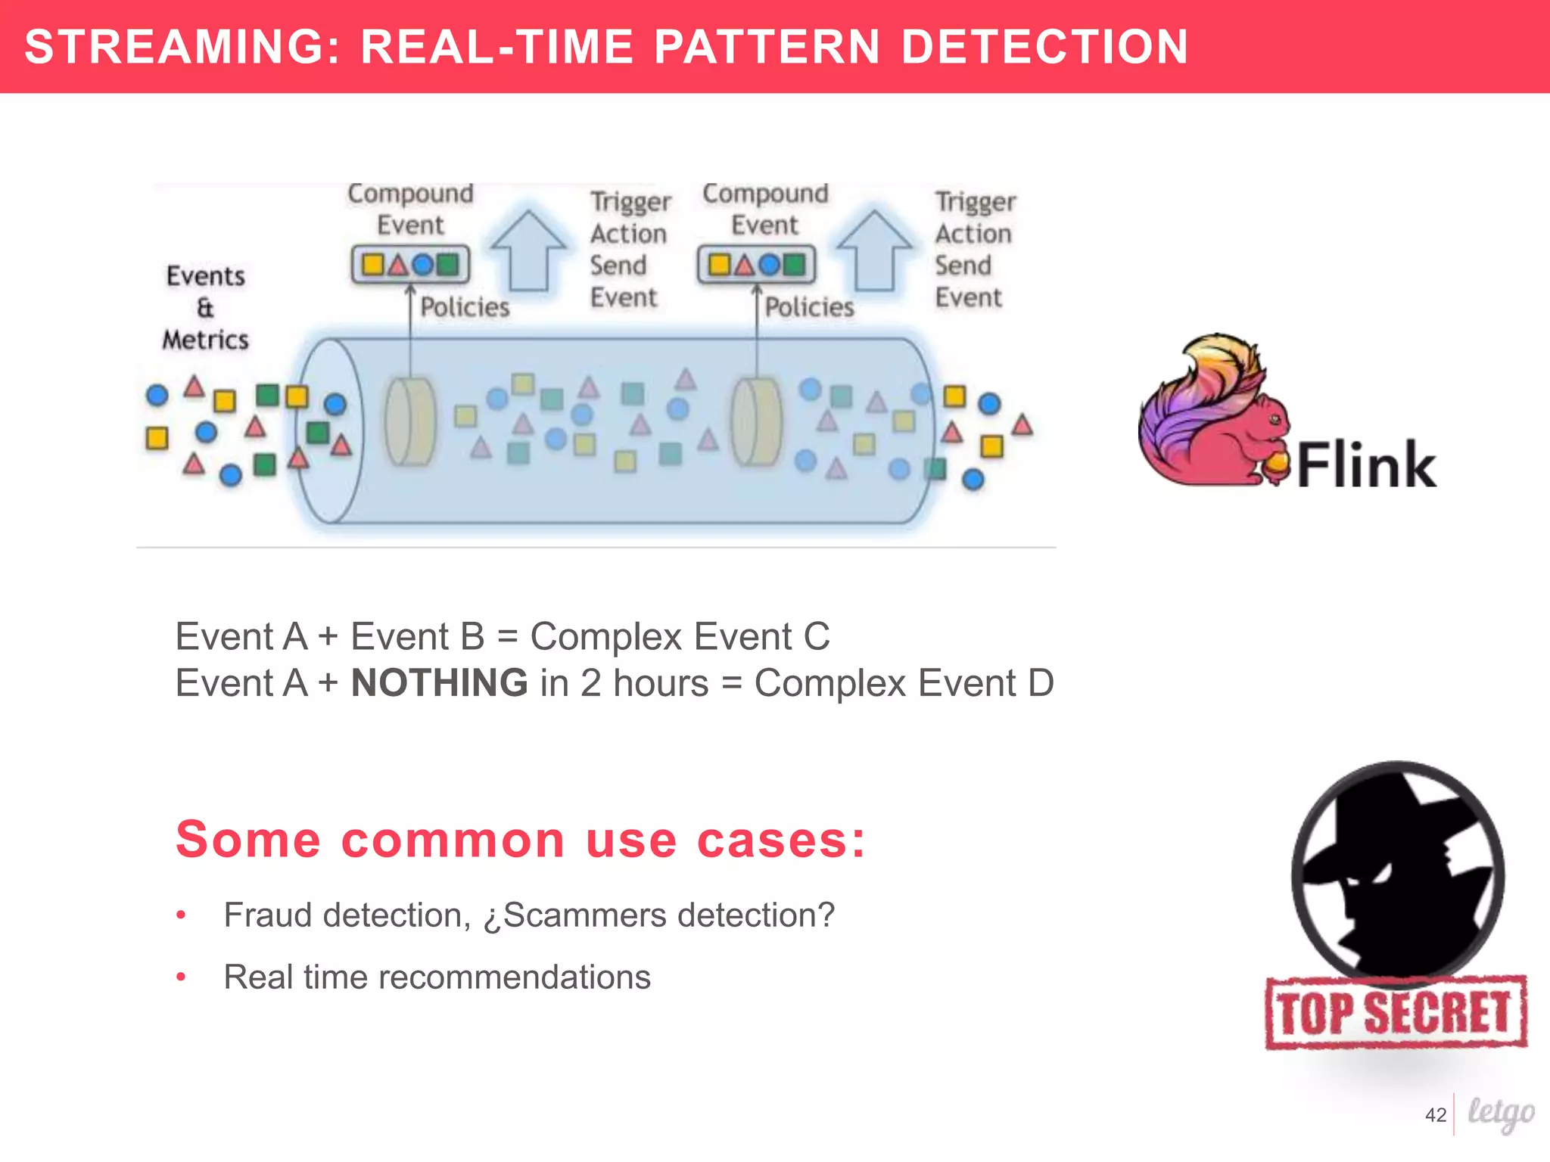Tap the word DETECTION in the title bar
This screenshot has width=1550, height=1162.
coord(1044,47)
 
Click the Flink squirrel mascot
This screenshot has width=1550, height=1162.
coord(1211,412)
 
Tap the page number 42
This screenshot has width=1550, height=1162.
coord(1435,1114)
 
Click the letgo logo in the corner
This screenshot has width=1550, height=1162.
coord(1500,1113)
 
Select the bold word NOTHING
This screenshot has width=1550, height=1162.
coord(439,682)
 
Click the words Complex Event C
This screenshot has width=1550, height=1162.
coord(680,636)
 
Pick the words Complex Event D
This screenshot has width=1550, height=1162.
coord(904,682)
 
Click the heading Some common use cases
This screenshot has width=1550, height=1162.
coord(521,840)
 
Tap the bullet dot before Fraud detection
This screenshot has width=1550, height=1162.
coord(181,915)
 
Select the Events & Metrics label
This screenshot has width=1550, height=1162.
coord(206,308)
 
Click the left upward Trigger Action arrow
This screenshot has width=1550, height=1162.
coord(528,250)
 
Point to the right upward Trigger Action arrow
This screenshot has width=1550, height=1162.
coord(874,250)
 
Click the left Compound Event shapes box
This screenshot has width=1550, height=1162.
coord(410,265)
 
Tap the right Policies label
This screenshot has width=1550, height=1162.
coord(809,307)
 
